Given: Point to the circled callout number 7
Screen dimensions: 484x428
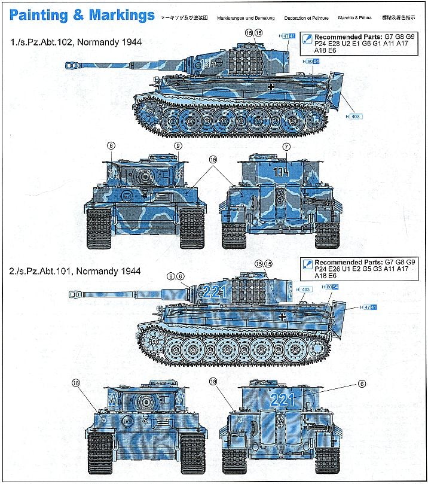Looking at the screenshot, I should [x=286, y=147].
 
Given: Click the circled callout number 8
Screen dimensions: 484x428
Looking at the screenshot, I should [x=111, y=146].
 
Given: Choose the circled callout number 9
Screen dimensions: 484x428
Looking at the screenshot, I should [x=178, y=146].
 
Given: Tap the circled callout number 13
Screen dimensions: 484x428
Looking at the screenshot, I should [x=258, y=263].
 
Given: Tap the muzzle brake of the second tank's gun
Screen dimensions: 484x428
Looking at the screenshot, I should [x=76, y=294].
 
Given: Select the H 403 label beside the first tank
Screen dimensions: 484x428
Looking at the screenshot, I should [x=353, y=116].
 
